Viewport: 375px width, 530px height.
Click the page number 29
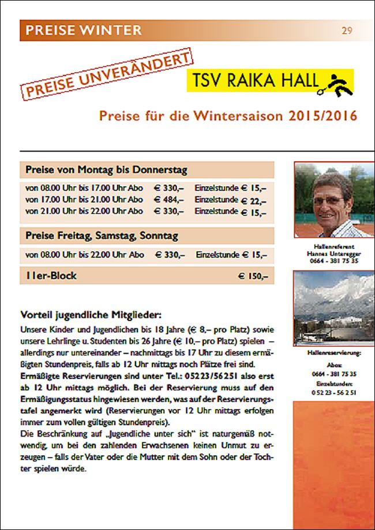click(x=347, y=30)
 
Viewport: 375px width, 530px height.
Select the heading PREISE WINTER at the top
click(x=81, y=30)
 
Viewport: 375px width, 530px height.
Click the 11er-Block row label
click(x=51, y=276)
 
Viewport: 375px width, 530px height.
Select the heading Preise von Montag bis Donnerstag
click(x=106, y=170)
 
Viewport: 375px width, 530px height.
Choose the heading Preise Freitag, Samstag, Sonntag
click(x=101, y=236)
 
